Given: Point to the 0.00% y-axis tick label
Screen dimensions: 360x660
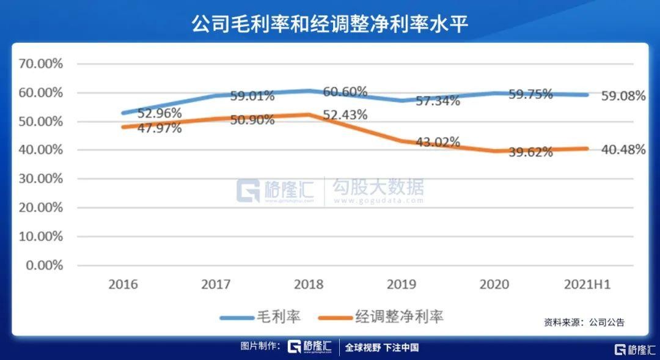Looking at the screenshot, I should coord(45,265).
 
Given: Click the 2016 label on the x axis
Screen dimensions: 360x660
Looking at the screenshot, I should coord(123,285).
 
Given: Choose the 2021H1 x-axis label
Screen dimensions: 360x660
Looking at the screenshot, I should coord(587,285).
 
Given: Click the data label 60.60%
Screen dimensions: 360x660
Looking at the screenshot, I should coord(345,92).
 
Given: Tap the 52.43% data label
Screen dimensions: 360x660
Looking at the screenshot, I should coord(345,114).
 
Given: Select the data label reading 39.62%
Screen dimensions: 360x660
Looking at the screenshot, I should coord(530,152).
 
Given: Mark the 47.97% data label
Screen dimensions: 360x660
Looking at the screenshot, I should coord(159,128).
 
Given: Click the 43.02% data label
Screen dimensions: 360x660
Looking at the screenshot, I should coord(438,142).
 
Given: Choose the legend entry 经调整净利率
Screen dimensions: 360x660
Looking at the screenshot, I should coord(381,317).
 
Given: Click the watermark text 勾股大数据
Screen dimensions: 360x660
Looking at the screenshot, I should coord(378,186).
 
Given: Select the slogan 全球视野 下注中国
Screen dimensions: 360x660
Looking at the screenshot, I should coord(382,347).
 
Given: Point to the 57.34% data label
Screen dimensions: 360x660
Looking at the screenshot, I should coord(438,101).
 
